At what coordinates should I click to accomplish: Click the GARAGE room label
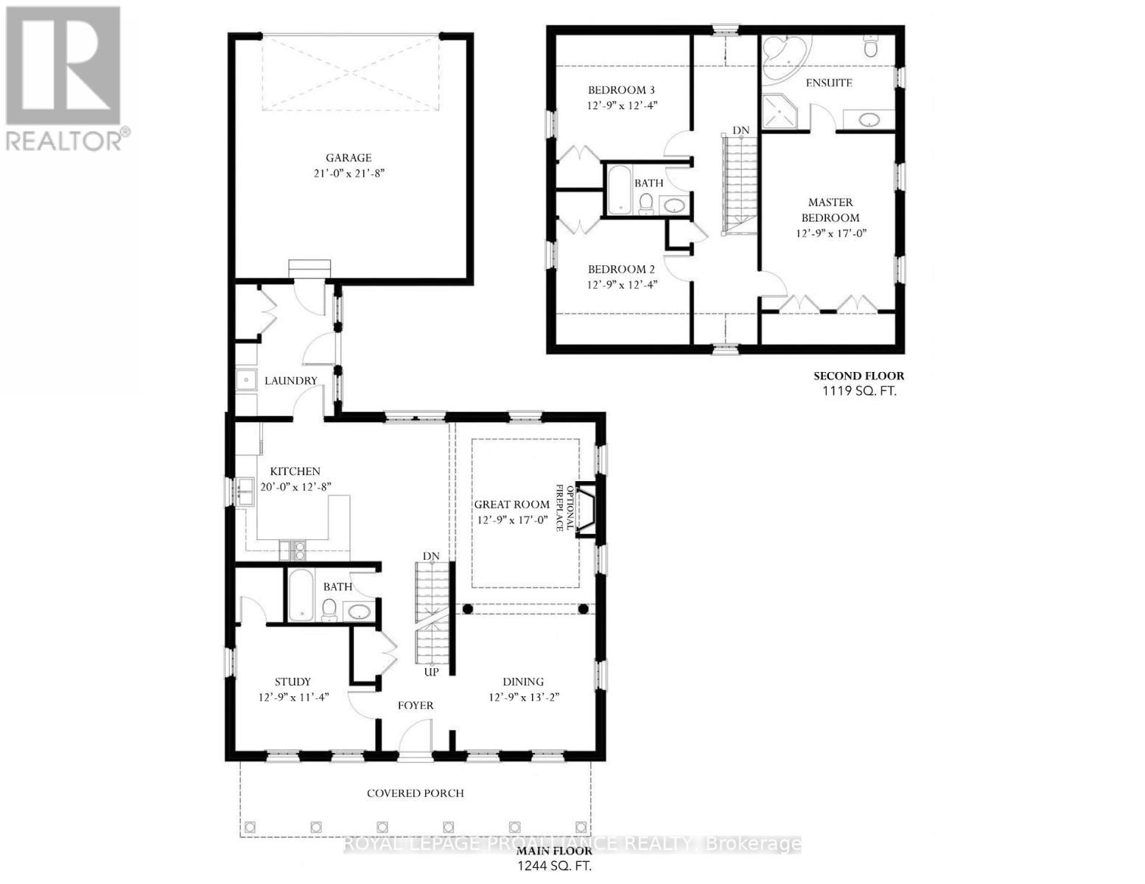349,158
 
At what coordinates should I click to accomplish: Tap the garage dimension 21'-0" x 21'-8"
349,174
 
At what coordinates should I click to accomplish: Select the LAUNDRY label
290,381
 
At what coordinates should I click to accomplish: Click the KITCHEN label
295,471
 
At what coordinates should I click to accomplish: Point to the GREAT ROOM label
511,505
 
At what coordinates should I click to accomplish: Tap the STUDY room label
293,681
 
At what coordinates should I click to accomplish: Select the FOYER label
416,705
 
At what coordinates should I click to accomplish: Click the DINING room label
523,681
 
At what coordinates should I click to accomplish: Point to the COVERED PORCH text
416,793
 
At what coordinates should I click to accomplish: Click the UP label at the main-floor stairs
431,673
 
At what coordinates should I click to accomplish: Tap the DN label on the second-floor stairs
740,130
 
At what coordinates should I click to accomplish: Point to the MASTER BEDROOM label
830,210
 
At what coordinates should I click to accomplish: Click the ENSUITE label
829,83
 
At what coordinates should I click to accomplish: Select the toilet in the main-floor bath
329,608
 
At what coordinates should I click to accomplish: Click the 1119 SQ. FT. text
859,391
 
